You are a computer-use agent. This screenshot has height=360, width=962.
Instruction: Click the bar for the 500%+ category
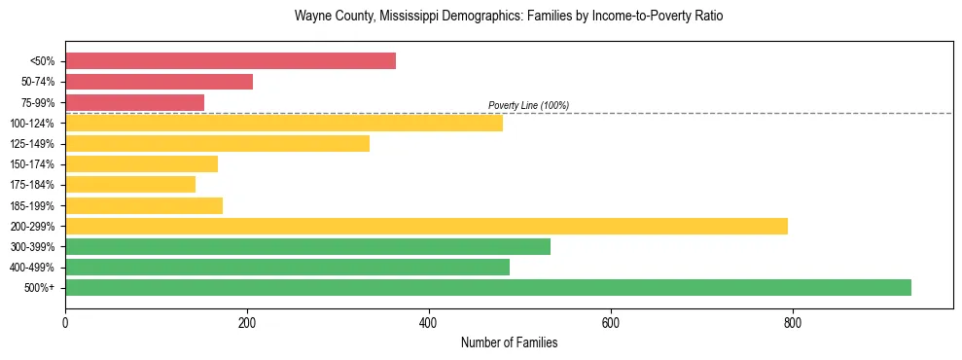[x=487, y=287]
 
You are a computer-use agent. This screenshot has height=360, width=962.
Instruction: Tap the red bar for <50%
[x=231, y=60]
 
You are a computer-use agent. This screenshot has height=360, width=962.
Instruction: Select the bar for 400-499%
[x=287, y=267]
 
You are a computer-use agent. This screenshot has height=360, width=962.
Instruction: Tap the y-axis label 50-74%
[x=38, y=82]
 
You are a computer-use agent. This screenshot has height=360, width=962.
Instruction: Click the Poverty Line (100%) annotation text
[x=528, y=105]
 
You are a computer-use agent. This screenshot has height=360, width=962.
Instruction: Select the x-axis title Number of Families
[x=509, y=342]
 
